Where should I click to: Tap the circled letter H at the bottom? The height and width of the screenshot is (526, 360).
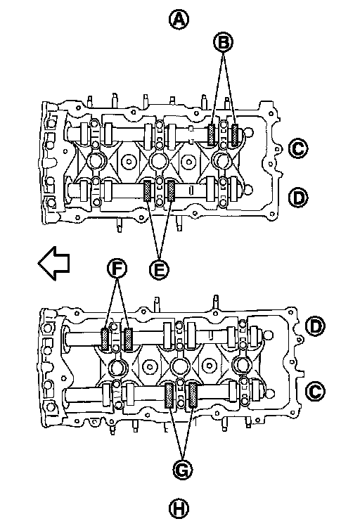(x=179, y=508)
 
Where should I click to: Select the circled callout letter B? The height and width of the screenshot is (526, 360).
(x=224, y=43)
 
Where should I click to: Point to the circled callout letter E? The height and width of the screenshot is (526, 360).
(x=160, y=269)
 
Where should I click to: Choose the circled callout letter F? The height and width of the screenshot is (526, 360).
(x=117, y=269)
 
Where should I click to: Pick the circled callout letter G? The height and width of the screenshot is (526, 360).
(x=183, y=470)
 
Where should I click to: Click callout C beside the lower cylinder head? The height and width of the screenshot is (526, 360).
(x=316, y=391)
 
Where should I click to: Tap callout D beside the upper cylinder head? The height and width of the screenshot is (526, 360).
(x=298, y=197)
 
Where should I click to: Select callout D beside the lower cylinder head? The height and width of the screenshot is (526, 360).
(x=316, y=326)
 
